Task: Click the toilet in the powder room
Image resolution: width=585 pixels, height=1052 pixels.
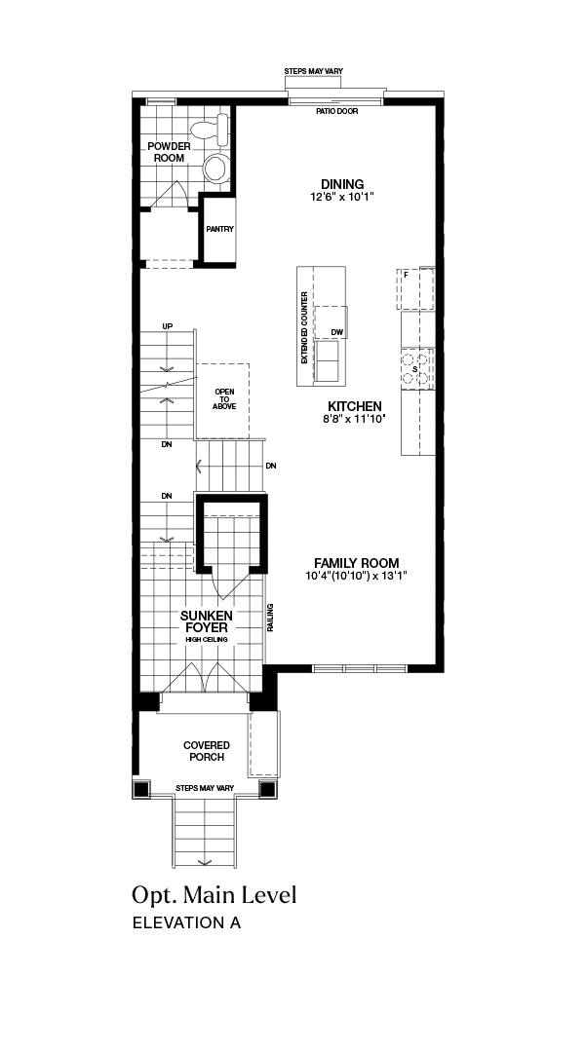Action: [x=210, y=129]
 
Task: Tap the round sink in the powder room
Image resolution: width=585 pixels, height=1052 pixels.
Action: [x=216, y=168]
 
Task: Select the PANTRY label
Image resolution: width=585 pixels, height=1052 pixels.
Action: [x=219, y=229]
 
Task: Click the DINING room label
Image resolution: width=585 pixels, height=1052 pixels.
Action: [x=342, y=184]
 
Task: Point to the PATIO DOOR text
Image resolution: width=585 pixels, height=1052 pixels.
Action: [x=337, y=111]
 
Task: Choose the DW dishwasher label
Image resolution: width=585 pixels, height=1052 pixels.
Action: [x=336, y=333]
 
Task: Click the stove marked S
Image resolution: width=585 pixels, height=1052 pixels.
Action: [x=417, y=369]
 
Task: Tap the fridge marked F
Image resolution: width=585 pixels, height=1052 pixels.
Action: [x=415, y=287]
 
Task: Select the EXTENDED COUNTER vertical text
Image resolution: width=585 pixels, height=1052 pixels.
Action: [x=304, y=327]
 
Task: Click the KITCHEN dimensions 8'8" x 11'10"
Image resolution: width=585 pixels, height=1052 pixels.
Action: [x=353, y=419]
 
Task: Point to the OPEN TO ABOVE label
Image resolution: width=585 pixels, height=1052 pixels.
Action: [x=224, y=398]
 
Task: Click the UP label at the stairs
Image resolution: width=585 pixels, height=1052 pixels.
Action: [x=168, y=326]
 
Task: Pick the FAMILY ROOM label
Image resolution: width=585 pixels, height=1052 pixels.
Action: [x=357, y=563]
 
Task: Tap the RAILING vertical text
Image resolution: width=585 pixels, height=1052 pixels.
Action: [x=270, y=618]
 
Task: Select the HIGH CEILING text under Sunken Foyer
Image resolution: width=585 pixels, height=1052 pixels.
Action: [x=207, y=640]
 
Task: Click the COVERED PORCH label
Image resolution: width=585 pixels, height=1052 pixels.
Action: [x=206, y=751]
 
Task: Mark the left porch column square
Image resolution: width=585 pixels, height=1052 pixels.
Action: [x=141, y=789]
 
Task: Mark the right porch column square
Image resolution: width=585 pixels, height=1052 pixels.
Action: [x=267, y=789]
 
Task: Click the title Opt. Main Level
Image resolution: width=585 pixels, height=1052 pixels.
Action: [x=214, y=895]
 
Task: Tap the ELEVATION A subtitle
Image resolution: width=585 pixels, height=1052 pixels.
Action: [x=187, y=922]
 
